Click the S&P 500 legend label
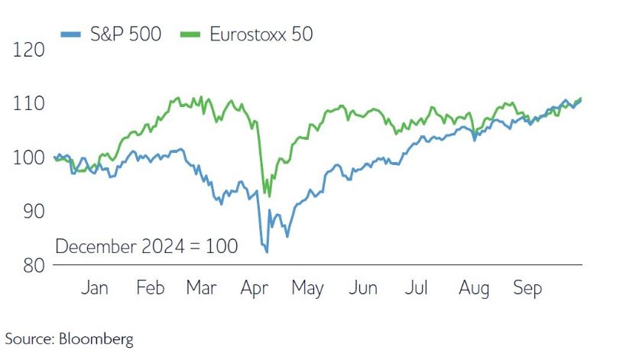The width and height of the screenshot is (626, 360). point(124,34)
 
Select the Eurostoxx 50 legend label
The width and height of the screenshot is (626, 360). point(261,34)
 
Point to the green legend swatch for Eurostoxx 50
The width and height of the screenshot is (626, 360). point(190,34)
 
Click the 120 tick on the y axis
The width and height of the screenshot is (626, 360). point(28,50)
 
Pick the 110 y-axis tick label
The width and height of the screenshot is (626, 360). point(28,103)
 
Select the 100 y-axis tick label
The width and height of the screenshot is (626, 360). point(28,157)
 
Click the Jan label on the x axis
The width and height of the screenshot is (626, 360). point(94,288)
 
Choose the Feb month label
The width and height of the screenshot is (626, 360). point(151,288)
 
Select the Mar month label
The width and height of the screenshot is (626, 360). point(201,288)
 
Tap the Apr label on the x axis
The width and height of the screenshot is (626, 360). point(255,288)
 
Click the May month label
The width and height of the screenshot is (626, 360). point(308,288)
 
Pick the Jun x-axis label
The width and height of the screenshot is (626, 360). point(363,288)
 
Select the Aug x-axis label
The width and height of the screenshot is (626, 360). point(473,288)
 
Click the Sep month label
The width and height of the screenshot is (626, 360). point(527,288)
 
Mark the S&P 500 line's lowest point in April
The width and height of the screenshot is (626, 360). point(266,251)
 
